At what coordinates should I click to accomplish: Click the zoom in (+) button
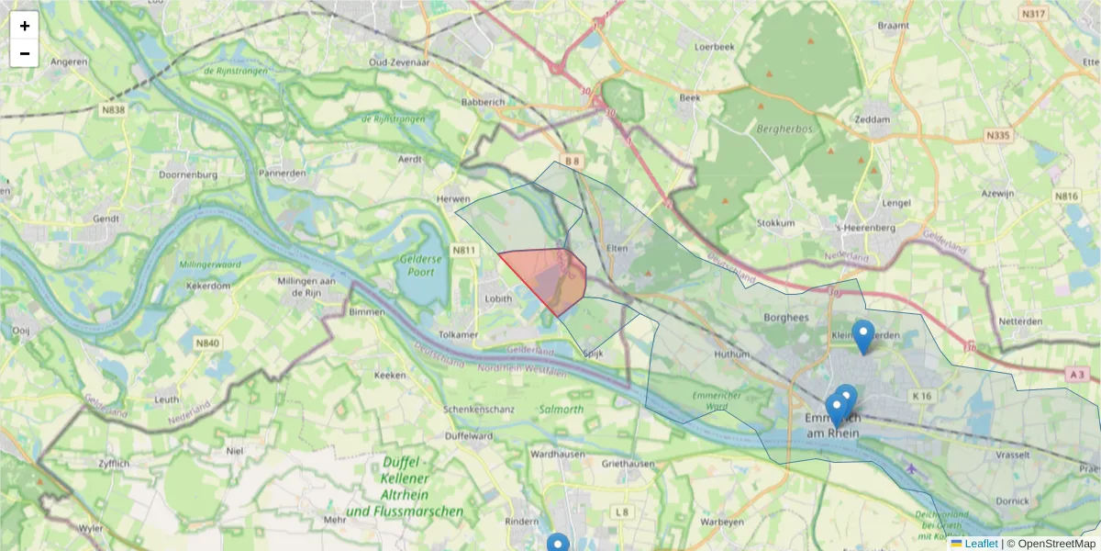25,26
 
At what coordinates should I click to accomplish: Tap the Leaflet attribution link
981,544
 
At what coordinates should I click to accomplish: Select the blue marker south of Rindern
558,544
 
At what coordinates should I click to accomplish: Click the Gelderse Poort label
429,265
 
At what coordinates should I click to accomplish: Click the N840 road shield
207,343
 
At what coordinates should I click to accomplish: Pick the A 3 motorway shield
1076,375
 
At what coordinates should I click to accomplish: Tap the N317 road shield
1033,14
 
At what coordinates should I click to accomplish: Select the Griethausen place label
628,464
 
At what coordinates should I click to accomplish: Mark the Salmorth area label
562,409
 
